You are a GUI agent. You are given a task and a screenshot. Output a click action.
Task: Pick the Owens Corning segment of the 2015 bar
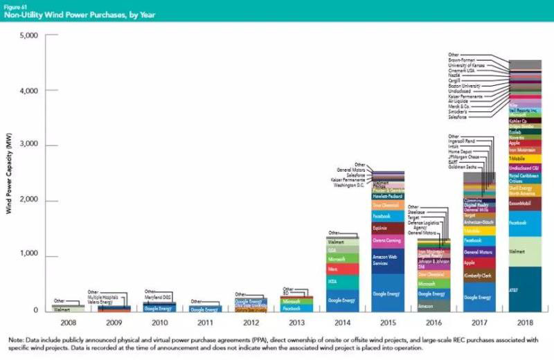[387, 240]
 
